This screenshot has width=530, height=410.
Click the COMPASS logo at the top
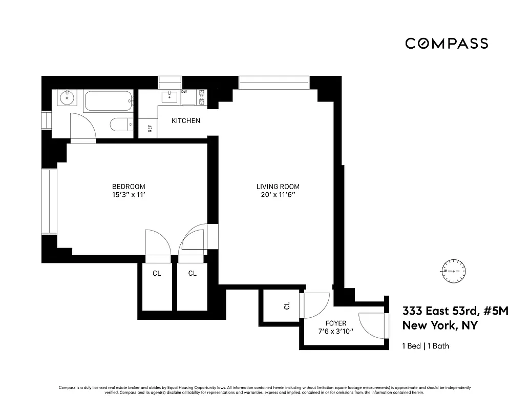coord(446,44)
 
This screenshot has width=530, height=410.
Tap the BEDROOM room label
coord(129,187)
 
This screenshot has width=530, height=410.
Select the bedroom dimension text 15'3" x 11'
coord(129,195)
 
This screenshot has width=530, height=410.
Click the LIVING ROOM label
coord(278,187)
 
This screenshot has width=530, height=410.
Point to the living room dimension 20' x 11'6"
coord(278,195)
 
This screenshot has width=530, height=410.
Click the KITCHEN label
coord(185,121)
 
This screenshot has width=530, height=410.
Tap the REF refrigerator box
coord(149,129)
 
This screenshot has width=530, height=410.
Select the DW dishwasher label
coord(184,92)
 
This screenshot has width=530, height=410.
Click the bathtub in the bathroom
coord(108,101)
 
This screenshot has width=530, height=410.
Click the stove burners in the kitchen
coord(202,97)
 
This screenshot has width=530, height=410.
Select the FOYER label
coord(336,323)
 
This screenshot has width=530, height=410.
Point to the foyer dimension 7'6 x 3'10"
coord(336,332)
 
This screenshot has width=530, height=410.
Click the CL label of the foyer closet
coord(287,305)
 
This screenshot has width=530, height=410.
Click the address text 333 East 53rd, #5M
coord(455,311)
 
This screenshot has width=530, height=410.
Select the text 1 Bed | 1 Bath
coord(426,346)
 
